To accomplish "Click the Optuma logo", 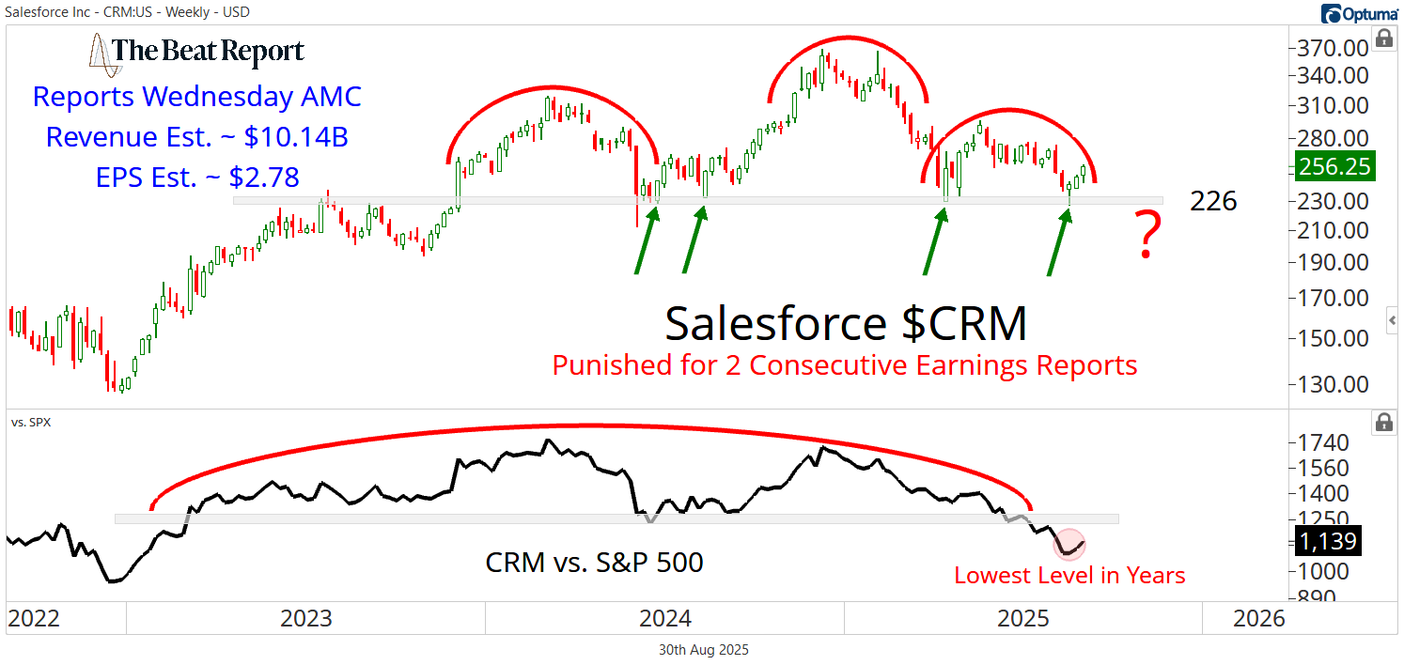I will pyautogui.click(x=1360, y=13).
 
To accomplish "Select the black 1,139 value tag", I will pyautogui.click(x=1328, y=541).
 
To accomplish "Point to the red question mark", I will pyautogui.click(x=1147, y=238).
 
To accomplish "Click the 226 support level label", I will pyautogui.click(x=1213, y=201).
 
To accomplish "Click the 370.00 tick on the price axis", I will pyautogui.click(x=1332, y=49).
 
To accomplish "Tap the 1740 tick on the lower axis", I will pyautogui.click(x=1324, y=443).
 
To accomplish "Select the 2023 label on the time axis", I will pyautogui.click(x=306, y=618).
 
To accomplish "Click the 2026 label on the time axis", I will pyautogui.click(x=1258, y=618).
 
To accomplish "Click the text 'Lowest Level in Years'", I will pyautogui.click(x=1069, y=575).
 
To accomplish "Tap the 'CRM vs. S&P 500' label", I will pyautogui.click(x=594, y=562).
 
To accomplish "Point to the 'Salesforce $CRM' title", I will pyautogui.click(x=846, y=323).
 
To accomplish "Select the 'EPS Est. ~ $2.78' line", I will pyautogui.click(x=197, y=176).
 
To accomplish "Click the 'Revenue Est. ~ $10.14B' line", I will pyautogui.click(x=197, y=137).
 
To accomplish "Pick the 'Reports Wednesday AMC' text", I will pyautogui.click(x=197, y=97).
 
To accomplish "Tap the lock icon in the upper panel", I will pyautogui.click(x=1383, y=39).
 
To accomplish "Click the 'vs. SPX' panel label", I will pyautogui.click(x=31, y=422).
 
